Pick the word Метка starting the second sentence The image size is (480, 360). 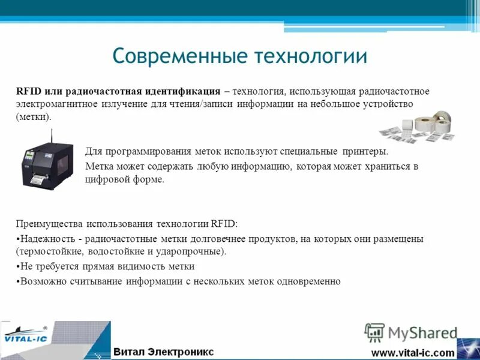pos(100,166)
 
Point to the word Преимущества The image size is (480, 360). pos(49,224)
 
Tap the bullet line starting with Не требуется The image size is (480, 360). pos(105,266)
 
